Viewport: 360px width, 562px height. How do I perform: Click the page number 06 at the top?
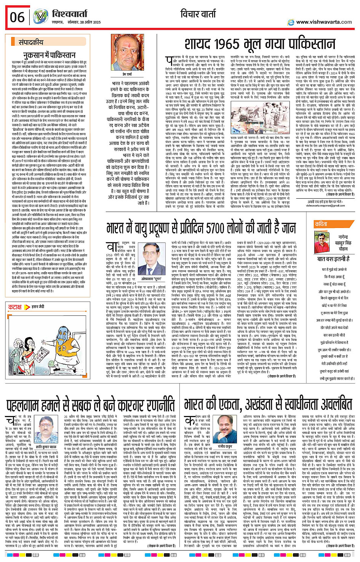17,17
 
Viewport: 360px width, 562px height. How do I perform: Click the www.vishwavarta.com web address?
324,22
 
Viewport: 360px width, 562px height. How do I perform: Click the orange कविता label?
321,224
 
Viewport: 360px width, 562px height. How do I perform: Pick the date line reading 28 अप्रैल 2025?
86,22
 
